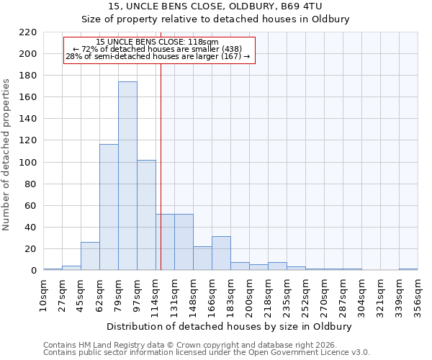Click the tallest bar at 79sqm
click(x=127, y=176)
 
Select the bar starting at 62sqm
click(x=109, y=207)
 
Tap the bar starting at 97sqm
click(x=146, y=215)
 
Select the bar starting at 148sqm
click(x=202, y=258)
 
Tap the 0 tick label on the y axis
click(x=33, y=271)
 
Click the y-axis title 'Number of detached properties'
click(x=6, y=155)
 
